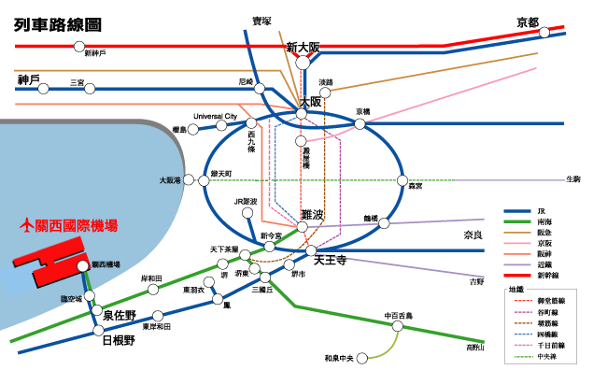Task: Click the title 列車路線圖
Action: [x=58, y=24]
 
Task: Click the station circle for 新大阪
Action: [x=303, y=63]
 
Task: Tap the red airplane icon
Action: [x=26, y=225]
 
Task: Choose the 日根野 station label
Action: [x=117, y=341]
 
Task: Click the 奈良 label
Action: [x=476, y=235]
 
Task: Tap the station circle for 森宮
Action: [x=402, y=180]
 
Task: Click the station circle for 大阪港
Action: [x=189, y=180]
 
